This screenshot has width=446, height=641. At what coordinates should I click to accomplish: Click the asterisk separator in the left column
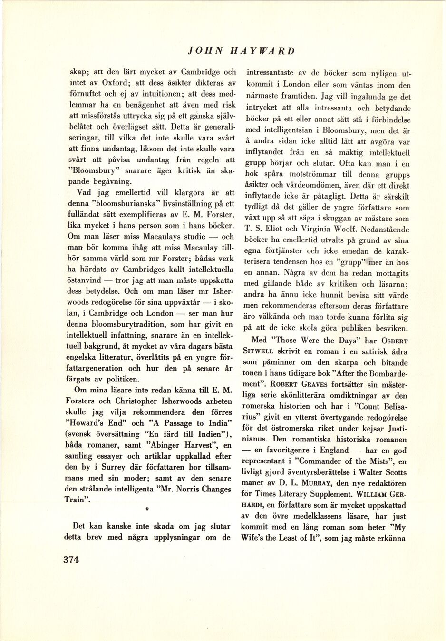147,510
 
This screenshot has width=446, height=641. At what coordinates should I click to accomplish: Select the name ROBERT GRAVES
291,384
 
